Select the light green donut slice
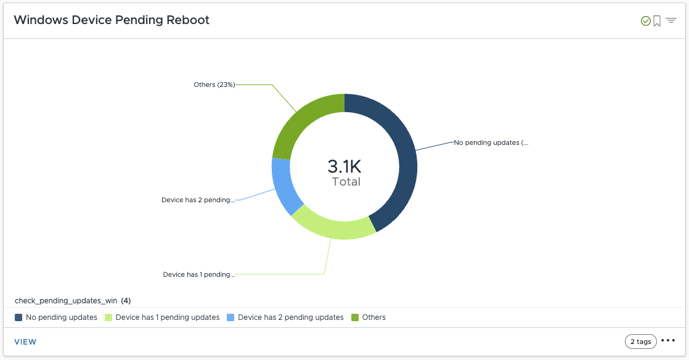pos(333,226)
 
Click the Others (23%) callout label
pos(214,84)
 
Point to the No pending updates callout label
pos(491,142)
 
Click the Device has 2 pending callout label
pos(198,200)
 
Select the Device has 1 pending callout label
pos(198,274)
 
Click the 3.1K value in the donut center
pos(344,166)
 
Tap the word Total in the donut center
pos(346,182)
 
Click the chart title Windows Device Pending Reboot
pos(112,20)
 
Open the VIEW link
pos(25,342)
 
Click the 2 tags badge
pos(640,342)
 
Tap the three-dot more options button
pos(668,341)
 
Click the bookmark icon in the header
pos(657,21)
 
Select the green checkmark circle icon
pos(646,21)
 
